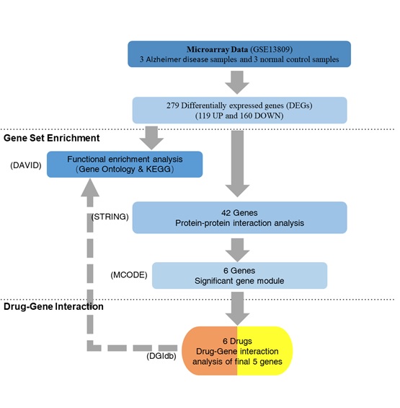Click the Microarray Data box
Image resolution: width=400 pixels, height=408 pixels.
[239, 54]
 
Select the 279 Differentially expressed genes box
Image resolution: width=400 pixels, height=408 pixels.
[239, 110]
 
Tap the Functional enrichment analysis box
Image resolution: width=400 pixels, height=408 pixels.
[125, 164]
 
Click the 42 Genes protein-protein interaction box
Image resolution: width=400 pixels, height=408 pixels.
[239, 217]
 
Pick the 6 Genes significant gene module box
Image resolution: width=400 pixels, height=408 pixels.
[239, 276]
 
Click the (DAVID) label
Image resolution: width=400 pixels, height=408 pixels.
[26, 165]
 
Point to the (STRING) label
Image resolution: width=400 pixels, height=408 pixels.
[110, 217]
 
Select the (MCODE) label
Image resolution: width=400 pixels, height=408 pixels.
[129, 275]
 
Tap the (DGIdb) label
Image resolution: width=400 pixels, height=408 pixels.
[161, 356]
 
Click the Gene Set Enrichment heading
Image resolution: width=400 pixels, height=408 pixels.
[51, 138]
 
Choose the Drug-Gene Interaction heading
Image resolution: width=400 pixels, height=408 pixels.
[53, 306]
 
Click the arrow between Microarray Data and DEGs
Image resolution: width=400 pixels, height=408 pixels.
[237, 82]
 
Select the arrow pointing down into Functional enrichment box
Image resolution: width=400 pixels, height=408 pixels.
[151, 138]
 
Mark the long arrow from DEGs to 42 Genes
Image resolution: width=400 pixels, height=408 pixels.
[237, 164]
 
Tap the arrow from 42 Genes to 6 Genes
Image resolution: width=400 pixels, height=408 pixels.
[237, 250]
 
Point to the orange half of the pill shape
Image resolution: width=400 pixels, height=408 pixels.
[209, 351]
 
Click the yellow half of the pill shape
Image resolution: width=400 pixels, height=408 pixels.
[265, 351]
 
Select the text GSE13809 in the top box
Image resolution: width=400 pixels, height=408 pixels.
[272, 49]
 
